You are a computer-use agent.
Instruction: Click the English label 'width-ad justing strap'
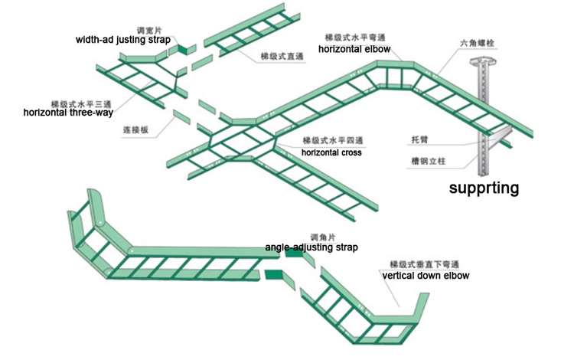[123, 38]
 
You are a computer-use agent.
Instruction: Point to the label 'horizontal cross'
[331, 152]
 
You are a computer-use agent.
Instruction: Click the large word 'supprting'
[484, 188]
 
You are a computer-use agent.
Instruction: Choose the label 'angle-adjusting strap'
[311, 247]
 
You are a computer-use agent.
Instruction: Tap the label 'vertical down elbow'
[426, 275]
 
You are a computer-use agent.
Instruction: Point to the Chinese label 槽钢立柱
[426, 162]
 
